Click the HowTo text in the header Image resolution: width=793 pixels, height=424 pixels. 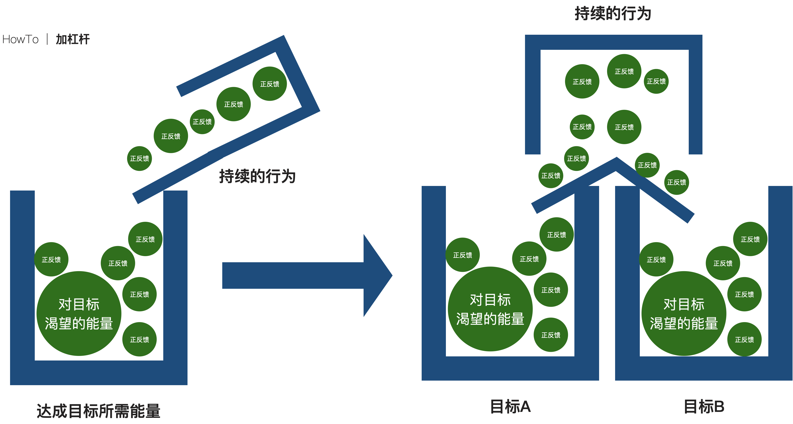(20, 39)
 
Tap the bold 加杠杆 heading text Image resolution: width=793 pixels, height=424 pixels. (73, 39)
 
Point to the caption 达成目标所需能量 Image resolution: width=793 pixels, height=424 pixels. (99, 411)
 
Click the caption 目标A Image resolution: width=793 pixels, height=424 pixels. (510, 406)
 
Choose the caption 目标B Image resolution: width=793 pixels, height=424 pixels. (704, 406)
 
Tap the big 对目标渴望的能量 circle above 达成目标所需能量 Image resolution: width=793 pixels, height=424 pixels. (79, 314)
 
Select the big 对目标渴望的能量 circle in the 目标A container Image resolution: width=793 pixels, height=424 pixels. (490, 309)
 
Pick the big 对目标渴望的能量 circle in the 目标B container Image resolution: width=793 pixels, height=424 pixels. (684, 314)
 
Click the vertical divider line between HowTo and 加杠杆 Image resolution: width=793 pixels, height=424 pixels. (47, 39)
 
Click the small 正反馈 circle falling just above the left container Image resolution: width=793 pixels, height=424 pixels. (139, 158)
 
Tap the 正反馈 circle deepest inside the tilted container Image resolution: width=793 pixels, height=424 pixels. (270, 84)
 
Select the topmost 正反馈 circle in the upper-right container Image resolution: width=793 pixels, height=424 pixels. (624, 71)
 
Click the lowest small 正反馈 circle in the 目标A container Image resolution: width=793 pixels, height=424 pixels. (551, 335)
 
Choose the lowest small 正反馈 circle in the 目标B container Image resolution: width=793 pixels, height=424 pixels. (744, 339)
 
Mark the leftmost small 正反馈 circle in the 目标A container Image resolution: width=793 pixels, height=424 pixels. (462, 255)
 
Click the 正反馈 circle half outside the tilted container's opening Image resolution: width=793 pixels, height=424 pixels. (171, 136)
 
